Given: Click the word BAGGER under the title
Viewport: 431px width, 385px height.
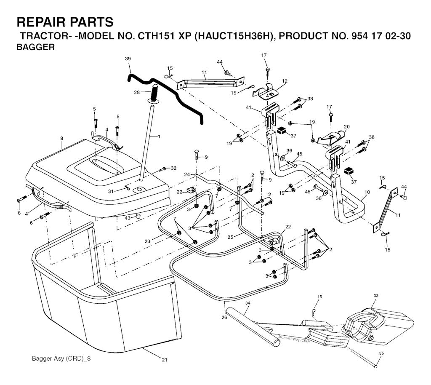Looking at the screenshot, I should pyautogui.click(x=35, y=48).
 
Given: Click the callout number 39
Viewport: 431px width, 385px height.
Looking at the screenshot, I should pyautogui.click(x=128, y=59).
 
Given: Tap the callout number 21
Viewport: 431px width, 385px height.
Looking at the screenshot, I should pyautogui.click(x=165, y=359).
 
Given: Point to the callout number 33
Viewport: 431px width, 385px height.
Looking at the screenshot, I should pyautogui.click(x=376, y=296).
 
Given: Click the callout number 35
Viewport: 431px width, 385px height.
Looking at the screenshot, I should pyautogui.click(x=381, y=353).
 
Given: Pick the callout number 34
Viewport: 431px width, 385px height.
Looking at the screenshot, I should pyautogui.click(x=248, y=303).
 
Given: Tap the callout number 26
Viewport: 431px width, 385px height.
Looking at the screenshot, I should pyautogui.click(x=224, y=317).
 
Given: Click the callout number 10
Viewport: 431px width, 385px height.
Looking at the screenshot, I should pyautogui.click(x=367, y=192).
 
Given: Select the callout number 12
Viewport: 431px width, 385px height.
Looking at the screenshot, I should pyautogui.click(x=285, y=81).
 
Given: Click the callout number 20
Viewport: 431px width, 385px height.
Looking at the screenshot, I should pyautogui.click(x=347, y=126).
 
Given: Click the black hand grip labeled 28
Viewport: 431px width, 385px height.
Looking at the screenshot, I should pyautogui.click(x=154, y=92).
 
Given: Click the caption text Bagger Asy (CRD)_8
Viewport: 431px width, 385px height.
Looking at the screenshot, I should pyautogui.click(x=61, y=359).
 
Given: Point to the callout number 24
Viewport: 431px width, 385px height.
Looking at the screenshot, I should pyautogui.click(x=187, y=174).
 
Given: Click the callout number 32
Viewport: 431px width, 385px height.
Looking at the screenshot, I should pyautogui.click(x=173, y=168).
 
